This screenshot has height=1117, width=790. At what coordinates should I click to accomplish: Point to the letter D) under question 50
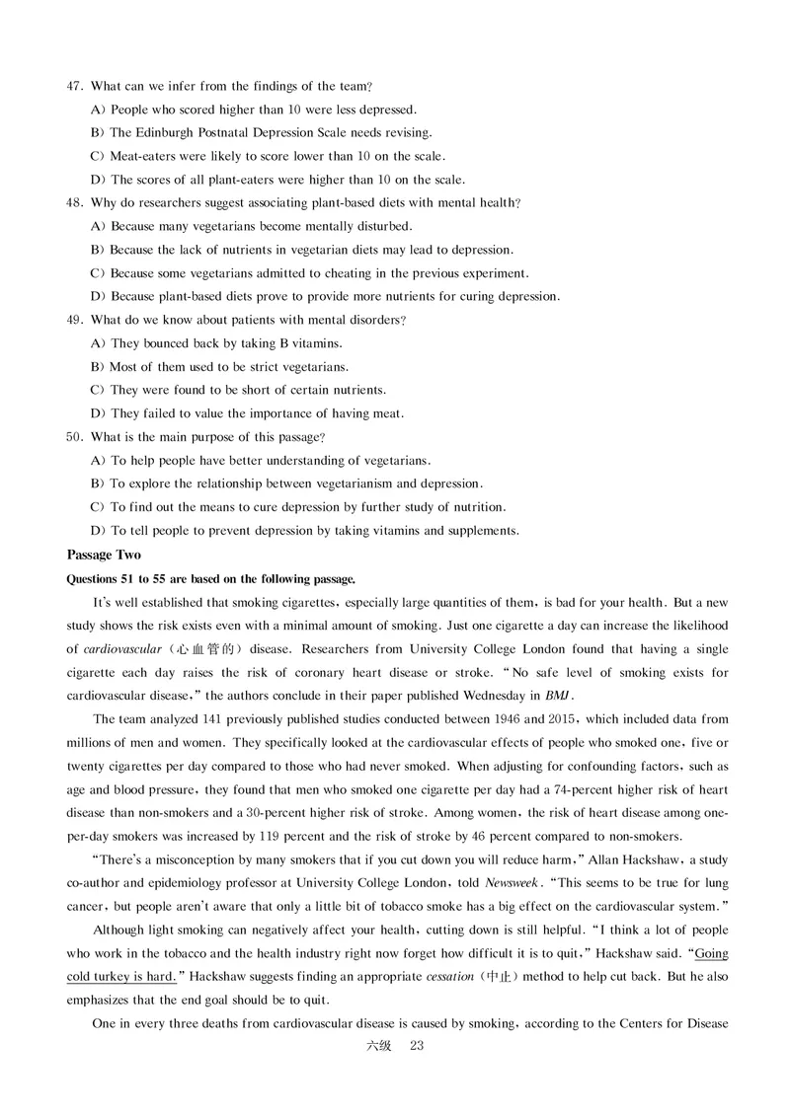(98, 531)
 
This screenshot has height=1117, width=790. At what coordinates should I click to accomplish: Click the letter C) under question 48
(98, 273)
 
